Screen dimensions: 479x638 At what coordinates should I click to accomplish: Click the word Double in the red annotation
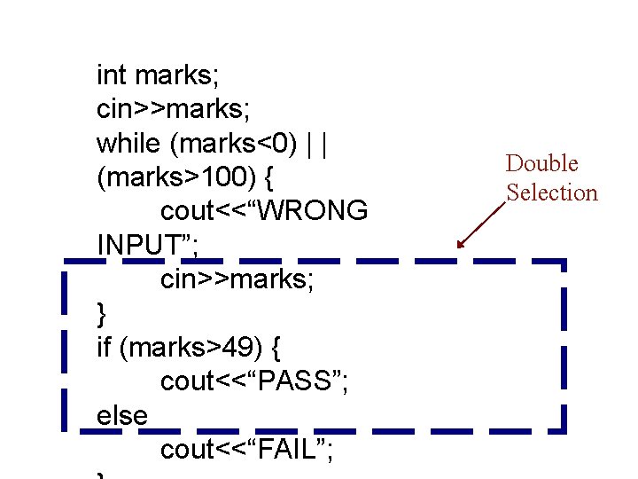pyautogui.click(x=541, y=163)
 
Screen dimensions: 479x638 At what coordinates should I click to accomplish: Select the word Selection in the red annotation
pyautogui.click(x=552, y=192)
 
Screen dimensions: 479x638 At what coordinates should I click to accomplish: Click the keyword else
pyautogui.click(x=121, y=415)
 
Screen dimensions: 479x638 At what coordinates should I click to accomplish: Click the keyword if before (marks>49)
pyautogui.click(x=105, y=347)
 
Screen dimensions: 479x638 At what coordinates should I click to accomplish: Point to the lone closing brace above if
pyautogui.click(x=101, y=313)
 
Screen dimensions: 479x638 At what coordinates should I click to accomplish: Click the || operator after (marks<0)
pyautogui.click(x=318, y=142)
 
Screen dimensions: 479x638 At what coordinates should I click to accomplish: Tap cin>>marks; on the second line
pyautogui.click(x=173, y=108)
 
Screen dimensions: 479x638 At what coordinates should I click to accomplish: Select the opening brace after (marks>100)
pyautogui.click(x=268, y=177)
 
